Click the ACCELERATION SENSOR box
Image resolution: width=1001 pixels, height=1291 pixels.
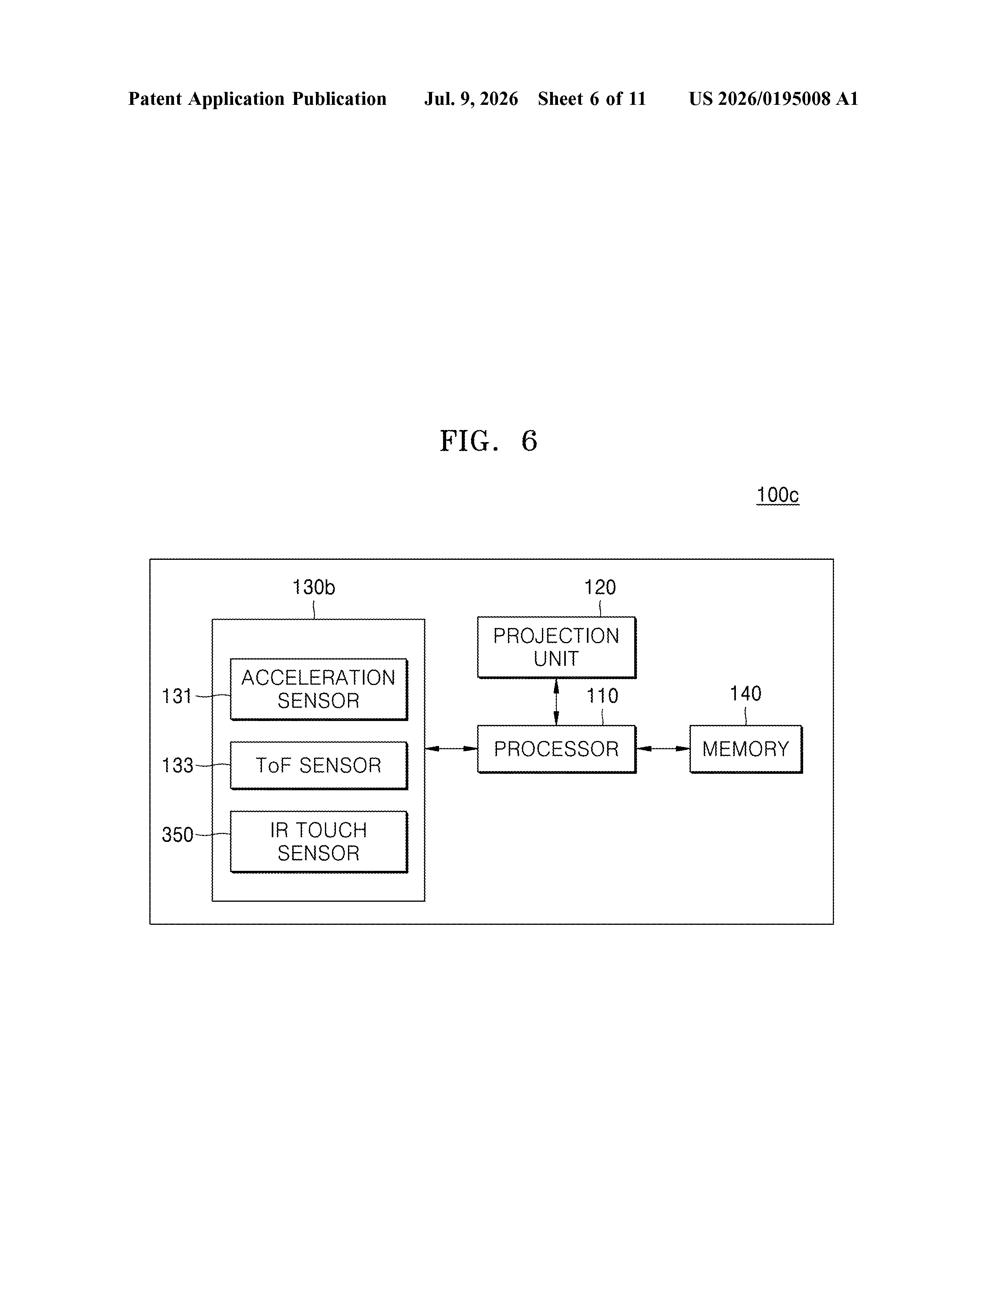(x=319, y=689)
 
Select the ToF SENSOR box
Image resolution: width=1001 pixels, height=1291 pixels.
(x=319, y=766)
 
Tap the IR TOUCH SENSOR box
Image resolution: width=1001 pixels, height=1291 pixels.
(x=319, y=842)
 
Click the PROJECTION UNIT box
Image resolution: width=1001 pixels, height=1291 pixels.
(x=556, y=647)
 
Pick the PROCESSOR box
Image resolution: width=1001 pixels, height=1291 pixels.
(x=556, y=749)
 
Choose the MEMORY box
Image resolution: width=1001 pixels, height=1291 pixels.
(x=746, y=749)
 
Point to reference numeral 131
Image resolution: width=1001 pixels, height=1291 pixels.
(x=177, y=696)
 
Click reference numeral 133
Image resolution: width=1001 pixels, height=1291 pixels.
(x=177, y=766)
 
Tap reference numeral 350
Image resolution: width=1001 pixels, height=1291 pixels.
(x=177, y=835)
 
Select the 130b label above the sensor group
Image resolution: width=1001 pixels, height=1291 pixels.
(x=314, y=587)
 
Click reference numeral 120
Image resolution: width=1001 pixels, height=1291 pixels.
(x=600, y=587)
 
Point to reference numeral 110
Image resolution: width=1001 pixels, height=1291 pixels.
(x=602, y=696)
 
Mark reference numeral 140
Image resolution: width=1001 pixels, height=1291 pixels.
(x=746, y=693)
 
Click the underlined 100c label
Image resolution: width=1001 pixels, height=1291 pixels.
(x=778, y=495)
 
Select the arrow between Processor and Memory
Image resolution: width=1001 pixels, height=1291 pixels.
(x=663, y=749)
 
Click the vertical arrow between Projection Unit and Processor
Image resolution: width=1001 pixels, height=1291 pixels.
(x=556, y=702)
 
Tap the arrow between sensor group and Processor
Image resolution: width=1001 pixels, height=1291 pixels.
(x=451, y=749)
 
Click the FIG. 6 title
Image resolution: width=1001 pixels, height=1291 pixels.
(x=489, y=441)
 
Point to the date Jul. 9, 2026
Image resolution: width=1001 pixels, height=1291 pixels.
(x=471, y=99)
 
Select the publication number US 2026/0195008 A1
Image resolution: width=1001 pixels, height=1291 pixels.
(x=773, y=99)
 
